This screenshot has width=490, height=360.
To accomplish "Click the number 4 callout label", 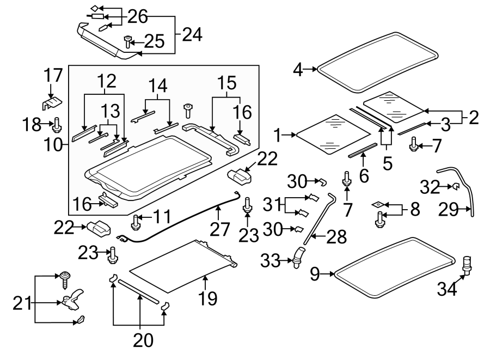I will (x=298, y=69).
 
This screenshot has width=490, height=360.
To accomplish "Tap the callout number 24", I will (x=192, y=35).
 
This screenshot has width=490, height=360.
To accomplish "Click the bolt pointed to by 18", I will (x=57, y=127).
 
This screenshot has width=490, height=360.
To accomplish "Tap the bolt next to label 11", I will (x=137, y=222).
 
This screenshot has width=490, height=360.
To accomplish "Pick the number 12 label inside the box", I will (x=106, y=81).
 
